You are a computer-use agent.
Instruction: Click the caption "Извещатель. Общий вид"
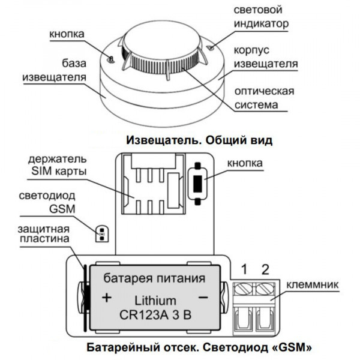(x=199, y=140)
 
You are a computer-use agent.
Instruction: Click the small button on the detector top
(x=112, y=58)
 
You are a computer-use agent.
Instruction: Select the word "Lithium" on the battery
(x=155, y=300)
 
